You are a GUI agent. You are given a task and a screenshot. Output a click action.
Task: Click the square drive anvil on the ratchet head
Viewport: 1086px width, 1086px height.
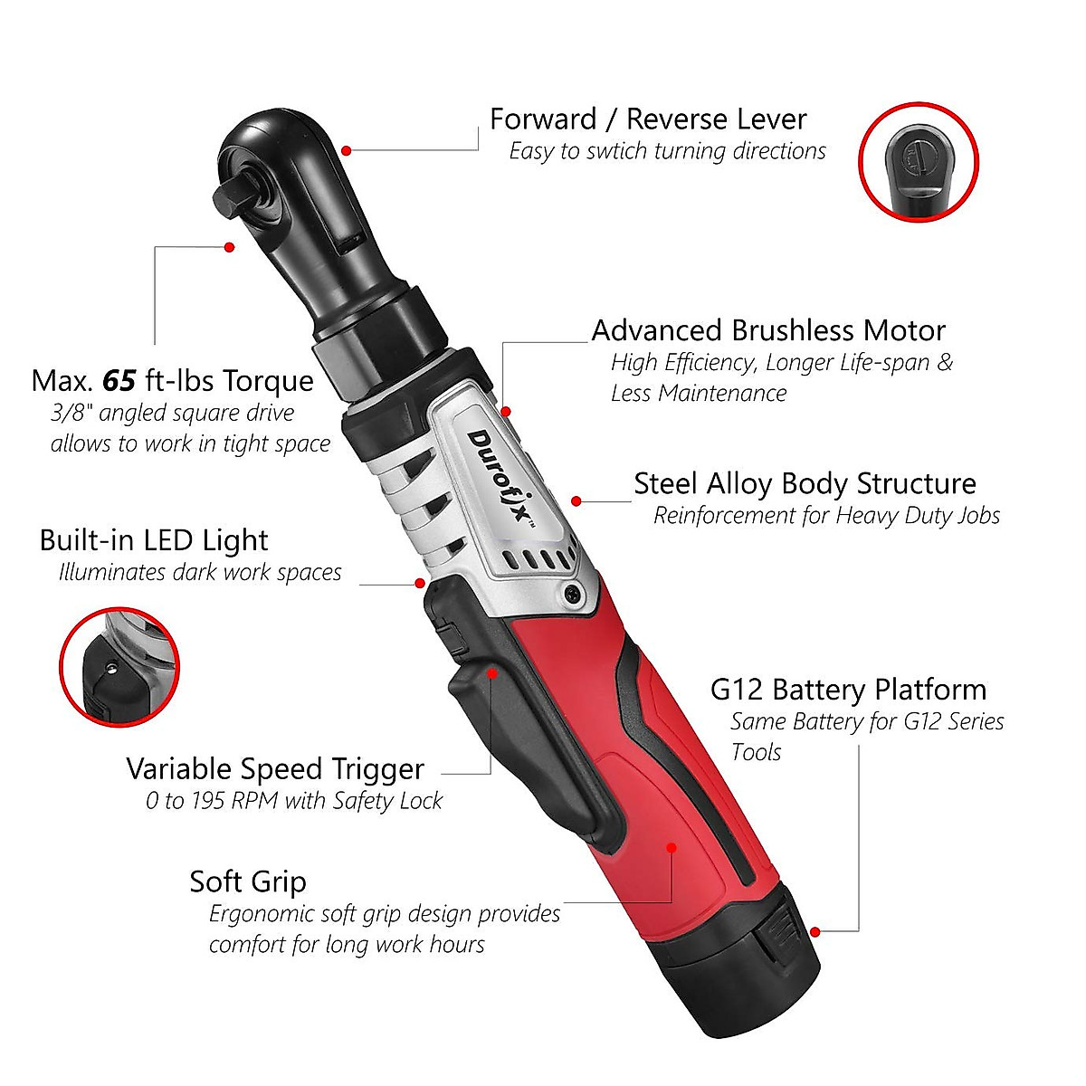pos(234,192)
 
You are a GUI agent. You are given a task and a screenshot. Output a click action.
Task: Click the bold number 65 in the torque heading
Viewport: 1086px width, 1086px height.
pos(119,381)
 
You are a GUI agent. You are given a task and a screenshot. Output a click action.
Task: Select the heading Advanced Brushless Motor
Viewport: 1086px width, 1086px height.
pos(768,330)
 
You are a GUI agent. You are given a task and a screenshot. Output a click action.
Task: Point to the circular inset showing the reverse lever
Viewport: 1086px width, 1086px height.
pos(918,162)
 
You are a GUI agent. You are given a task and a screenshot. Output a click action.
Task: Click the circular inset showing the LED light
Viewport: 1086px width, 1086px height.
pos(119,666)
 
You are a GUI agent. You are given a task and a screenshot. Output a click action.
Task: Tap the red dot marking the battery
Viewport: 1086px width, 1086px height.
pos(815,931)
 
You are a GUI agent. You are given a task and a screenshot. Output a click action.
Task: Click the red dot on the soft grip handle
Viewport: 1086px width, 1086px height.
pos(672,848)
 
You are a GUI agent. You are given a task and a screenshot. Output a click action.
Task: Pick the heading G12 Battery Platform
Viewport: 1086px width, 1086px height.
pos(848,690)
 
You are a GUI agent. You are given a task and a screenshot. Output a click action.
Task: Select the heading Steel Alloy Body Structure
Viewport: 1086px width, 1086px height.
pos(805,483)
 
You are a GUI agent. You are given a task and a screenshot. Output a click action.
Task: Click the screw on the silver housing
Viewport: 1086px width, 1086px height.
pos(571,594)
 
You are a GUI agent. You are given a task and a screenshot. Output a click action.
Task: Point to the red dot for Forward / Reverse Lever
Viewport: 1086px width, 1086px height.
pos(347,150)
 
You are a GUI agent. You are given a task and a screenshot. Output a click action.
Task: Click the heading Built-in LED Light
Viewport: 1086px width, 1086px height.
pos(154,540)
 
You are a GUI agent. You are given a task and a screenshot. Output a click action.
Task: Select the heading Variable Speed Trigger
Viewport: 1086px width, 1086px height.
pos(275,769)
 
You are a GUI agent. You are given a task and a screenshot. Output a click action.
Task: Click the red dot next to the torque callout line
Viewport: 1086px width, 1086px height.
pos(229,247)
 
